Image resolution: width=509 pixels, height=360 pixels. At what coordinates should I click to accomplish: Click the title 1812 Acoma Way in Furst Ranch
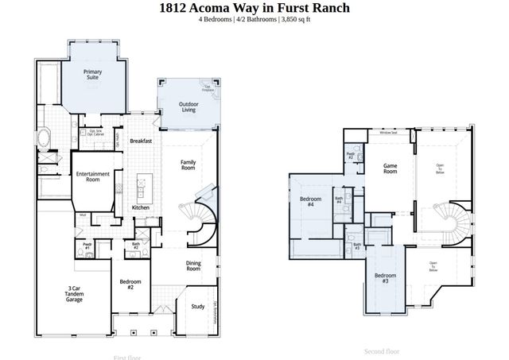254,8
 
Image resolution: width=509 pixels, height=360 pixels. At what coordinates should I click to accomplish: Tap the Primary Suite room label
93,74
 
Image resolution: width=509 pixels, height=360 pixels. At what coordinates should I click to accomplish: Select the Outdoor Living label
188,106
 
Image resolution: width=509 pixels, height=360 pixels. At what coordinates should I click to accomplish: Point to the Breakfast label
141,141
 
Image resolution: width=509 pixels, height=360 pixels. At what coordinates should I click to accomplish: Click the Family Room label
188,165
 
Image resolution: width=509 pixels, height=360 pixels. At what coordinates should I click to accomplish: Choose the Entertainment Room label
92,177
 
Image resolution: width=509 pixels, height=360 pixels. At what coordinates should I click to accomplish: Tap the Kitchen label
141,207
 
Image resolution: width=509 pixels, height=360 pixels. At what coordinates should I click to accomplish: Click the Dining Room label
193,266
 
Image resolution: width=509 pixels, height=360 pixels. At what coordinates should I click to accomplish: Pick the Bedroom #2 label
131,284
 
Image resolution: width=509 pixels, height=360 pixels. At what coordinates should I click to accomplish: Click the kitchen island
142,187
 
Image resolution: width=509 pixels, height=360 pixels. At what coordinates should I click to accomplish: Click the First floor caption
128,357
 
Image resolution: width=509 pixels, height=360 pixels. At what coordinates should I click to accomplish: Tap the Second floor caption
381,350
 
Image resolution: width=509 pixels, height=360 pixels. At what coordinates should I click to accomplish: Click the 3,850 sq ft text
294,19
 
